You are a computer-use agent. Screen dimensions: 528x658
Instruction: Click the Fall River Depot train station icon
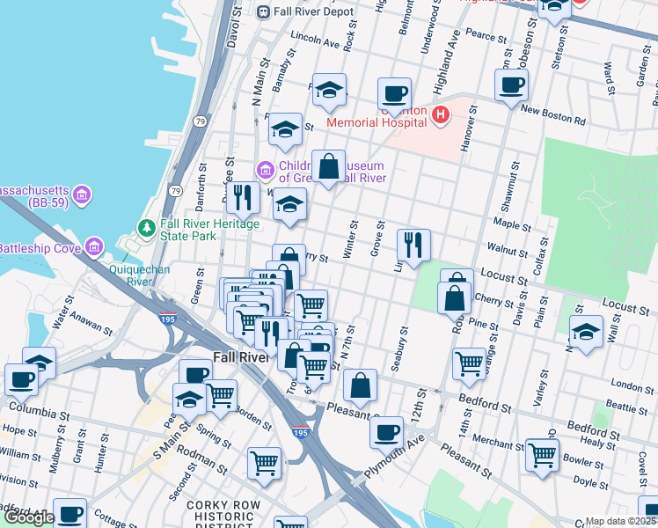(263, 11)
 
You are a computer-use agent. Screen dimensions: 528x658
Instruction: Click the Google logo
(28, 517)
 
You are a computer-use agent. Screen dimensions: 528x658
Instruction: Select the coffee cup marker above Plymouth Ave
(387, 432)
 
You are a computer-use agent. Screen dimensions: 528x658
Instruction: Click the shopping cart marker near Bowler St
(542, 454)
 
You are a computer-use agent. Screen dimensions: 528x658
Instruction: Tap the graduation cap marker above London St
(586, 333)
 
